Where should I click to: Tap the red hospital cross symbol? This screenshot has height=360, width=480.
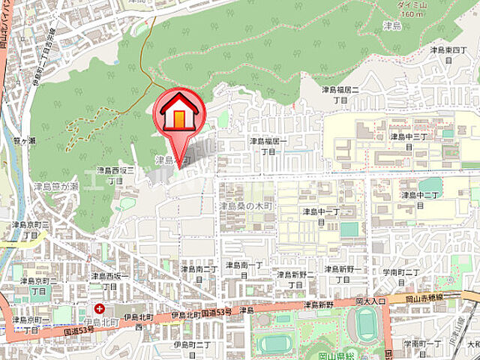coord(99,308)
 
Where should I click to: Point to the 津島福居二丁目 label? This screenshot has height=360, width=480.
coord(340,94)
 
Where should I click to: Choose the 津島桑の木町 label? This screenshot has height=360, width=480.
coord(247,205)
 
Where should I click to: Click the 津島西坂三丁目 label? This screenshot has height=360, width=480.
coord(115,175)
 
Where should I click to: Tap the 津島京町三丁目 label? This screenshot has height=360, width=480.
coord(31,229)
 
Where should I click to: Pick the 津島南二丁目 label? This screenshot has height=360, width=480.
coord(199,273)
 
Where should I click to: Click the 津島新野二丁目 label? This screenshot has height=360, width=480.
coord(295,279)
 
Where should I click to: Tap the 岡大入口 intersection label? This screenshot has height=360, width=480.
coord(369,300)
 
